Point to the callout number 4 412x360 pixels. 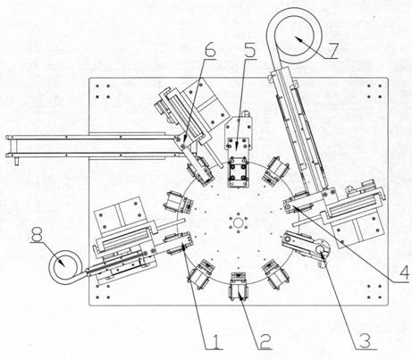click(403, 271)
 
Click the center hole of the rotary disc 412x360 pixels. click(239, 222)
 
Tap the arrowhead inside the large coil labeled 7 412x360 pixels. click(299, 39)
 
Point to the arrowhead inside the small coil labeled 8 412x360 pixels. click(61, 262)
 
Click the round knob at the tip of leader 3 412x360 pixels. click(321, 249)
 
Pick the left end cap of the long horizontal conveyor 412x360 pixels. click(12, 147)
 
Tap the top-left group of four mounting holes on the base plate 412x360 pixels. click(103, 91)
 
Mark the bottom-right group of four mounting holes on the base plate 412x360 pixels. click(374, 292)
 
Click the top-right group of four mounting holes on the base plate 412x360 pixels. click(374, 91)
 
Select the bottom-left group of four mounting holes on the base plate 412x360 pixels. click(103, 292)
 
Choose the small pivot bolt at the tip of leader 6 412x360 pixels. click(182, 145)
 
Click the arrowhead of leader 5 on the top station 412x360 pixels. click(237, 145)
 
